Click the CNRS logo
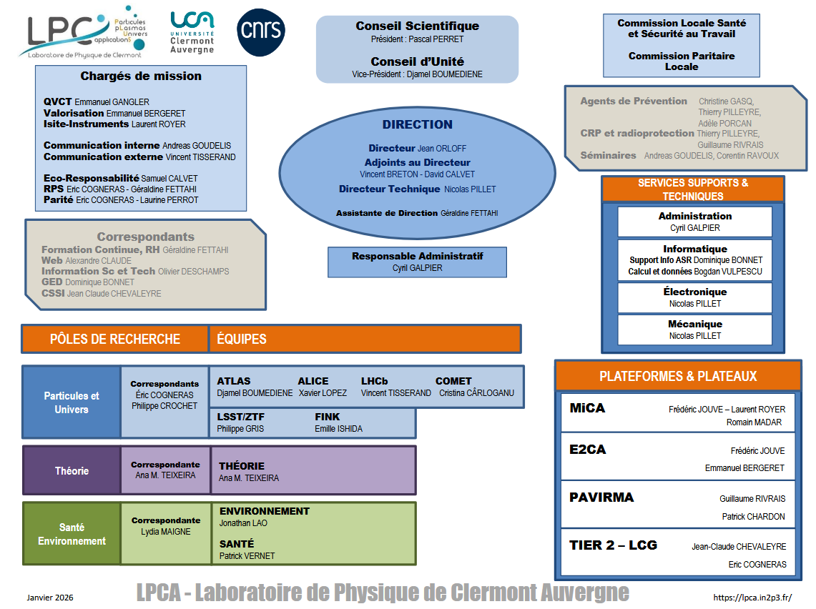(x=260, y=32)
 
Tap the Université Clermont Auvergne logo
(x=192, y=32)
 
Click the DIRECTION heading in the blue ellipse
(x=417, y=124)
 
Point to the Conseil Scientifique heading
(x=417, y=26)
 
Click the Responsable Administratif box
(x=417, y=262)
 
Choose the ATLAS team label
(x=234, y=381)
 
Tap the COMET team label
(x=453, y=381)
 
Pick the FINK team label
(x=328, y=417)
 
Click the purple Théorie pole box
(x=72, y=471)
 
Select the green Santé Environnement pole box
(x=72, y=534)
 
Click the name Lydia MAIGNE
(x=166, y=532)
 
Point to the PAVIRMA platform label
(x=601, y=497)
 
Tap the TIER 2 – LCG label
(x=613, y=545)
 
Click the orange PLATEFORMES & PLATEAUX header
(x=677, y=376)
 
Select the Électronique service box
(x=694, y=297)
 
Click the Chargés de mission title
(x=141, y=76)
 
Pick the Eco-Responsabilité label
(x=91, y=178)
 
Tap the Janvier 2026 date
(x=50, y=598)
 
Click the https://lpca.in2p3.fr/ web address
(x=752, y=598)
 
